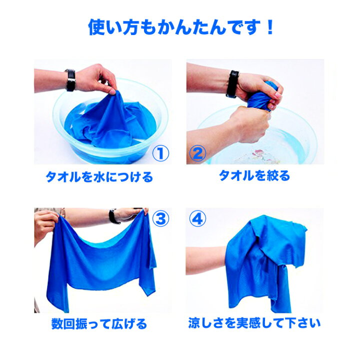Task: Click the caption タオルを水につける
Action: pos(99,177)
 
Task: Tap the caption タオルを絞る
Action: pos(254,175)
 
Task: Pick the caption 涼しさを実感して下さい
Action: pos(254,322)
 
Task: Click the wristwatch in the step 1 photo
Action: pos(70,80)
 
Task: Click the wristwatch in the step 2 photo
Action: pos(232,83)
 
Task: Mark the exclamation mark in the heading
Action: pos(269,27)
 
